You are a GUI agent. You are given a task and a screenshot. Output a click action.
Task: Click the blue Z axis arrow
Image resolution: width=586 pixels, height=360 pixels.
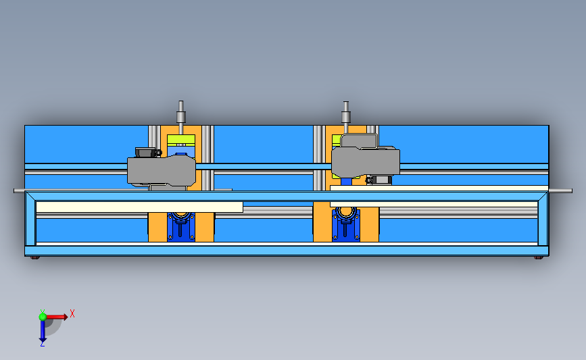42,331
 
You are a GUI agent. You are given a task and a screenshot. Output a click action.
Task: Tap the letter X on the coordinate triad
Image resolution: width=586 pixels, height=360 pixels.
72,313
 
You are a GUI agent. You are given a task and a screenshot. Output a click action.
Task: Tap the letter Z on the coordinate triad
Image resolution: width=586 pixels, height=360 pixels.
42,344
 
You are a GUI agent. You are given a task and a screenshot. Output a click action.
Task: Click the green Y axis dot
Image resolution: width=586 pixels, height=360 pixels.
43,315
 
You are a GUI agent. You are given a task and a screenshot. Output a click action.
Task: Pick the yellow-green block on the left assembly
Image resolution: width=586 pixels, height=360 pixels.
181,140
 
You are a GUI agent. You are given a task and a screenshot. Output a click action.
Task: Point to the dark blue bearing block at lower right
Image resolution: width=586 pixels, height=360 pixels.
345,222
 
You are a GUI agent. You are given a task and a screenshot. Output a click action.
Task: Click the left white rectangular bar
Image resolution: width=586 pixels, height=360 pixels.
139,207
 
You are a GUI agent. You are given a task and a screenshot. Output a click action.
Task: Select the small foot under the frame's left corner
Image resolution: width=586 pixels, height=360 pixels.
35,257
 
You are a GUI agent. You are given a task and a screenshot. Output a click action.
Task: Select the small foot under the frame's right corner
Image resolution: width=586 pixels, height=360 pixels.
538,257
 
